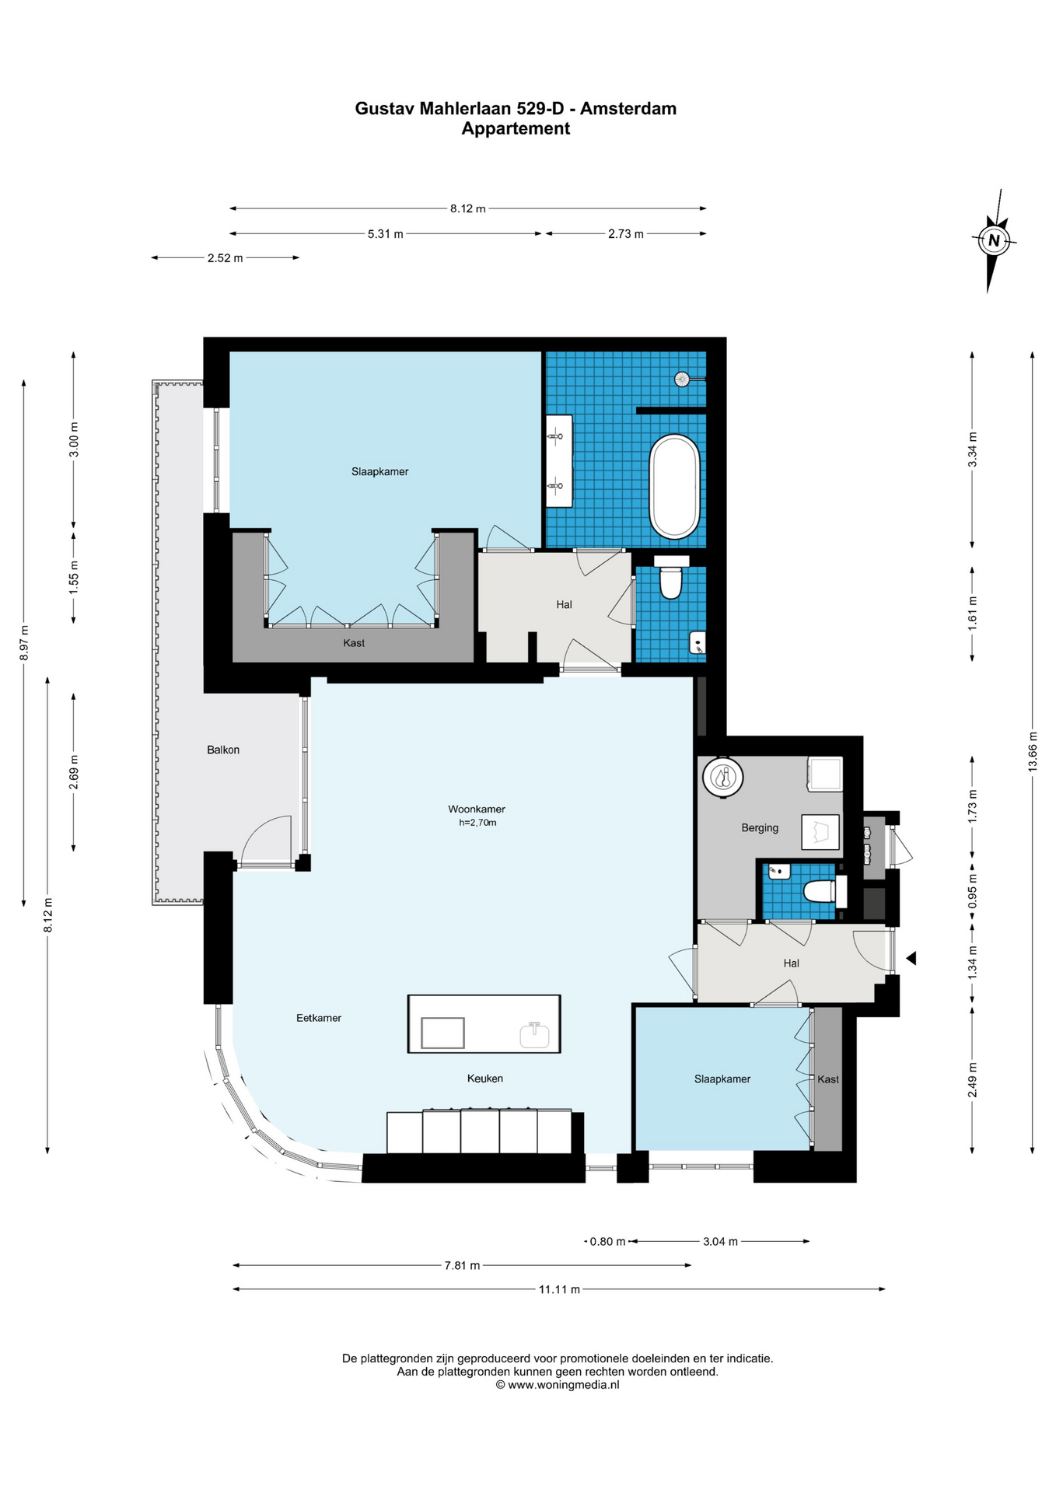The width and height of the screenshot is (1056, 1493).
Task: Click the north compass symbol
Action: point(993,240)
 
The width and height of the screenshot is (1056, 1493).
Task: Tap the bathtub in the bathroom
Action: point(674,487)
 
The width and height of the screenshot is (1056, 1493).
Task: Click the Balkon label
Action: point(223,750)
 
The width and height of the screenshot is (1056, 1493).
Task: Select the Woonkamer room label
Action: point(477,809)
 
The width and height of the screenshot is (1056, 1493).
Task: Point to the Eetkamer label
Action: point(319,1017)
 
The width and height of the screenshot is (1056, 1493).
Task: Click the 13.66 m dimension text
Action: point(1033,752)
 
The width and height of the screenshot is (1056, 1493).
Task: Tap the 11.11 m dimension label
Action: point(559,1289)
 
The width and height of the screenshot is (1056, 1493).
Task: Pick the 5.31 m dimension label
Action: point(385,233)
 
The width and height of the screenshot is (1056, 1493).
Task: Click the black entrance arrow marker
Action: point(911,959)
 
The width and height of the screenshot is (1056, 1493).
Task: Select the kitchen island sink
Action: point(534,1035)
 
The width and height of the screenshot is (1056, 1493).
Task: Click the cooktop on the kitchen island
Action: point(442,1033)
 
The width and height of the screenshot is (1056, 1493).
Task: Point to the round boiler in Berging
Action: point(723,777)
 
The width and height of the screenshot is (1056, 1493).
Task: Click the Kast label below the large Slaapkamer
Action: point(354,643)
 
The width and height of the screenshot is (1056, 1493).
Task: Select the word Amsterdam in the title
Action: point(628,108)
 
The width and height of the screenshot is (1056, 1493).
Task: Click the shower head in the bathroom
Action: point(683,379)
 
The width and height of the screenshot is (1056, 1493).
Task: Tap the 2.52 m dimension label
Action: point(225,258)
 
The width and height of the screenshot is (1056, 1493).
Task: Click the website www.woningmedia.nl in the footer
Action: point(564,1384)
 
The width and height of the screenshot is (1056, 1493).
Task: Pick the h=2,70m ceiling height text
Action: point(477,823)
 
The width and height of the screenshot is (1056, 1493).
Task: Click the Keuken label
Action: point(485,1079)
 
